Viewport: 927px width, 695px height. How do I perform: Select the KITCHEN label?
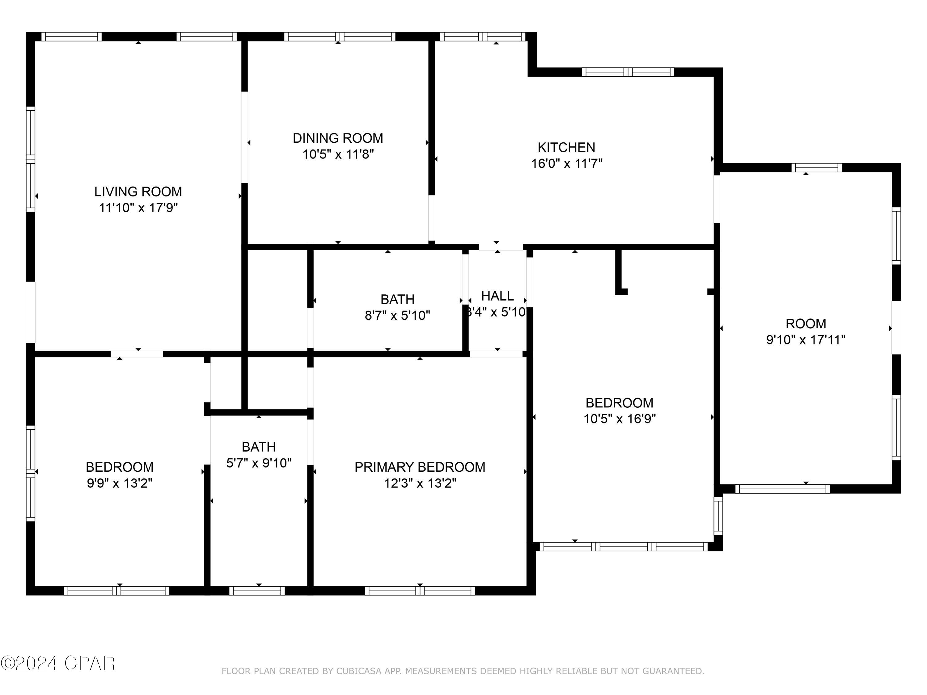(566, 147)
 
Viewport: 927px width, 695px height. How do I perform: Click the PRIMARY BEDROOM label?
(420, 467)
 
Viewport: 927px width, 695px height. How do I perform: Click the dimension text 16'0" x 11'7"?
(567, 163)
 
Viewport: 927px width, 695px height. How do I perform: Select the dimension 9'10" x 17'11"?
(806, 339)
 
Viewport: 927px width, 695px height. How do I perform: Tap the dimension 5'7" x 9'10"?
(259, 463)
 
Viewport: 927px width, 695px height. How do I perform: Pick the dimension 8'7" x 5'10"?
(397, 315)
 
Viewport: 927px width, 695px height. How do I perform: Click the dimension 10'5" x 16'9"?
(620, 419)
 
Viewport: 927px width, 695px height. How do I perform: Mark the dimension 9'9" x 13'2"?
(120, 483)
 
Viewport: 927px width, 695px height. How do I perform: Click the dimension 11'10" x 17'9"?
(138, 208)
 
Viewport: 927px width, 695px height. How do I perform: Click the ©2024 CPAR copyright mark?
(58, 663)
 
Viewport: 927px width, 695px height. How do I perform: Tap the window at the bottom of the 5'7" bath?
(257, 591)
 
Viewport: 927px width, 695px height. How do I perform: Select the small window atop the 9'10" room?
(816, 167)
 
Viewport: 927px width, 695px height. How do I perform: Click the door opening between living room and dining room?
(244, 137)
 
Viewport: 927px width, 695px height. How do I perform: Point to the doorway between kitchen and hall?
(501, 247)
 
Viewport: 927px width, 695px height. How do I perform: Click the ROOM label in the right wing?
(806, 323)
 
